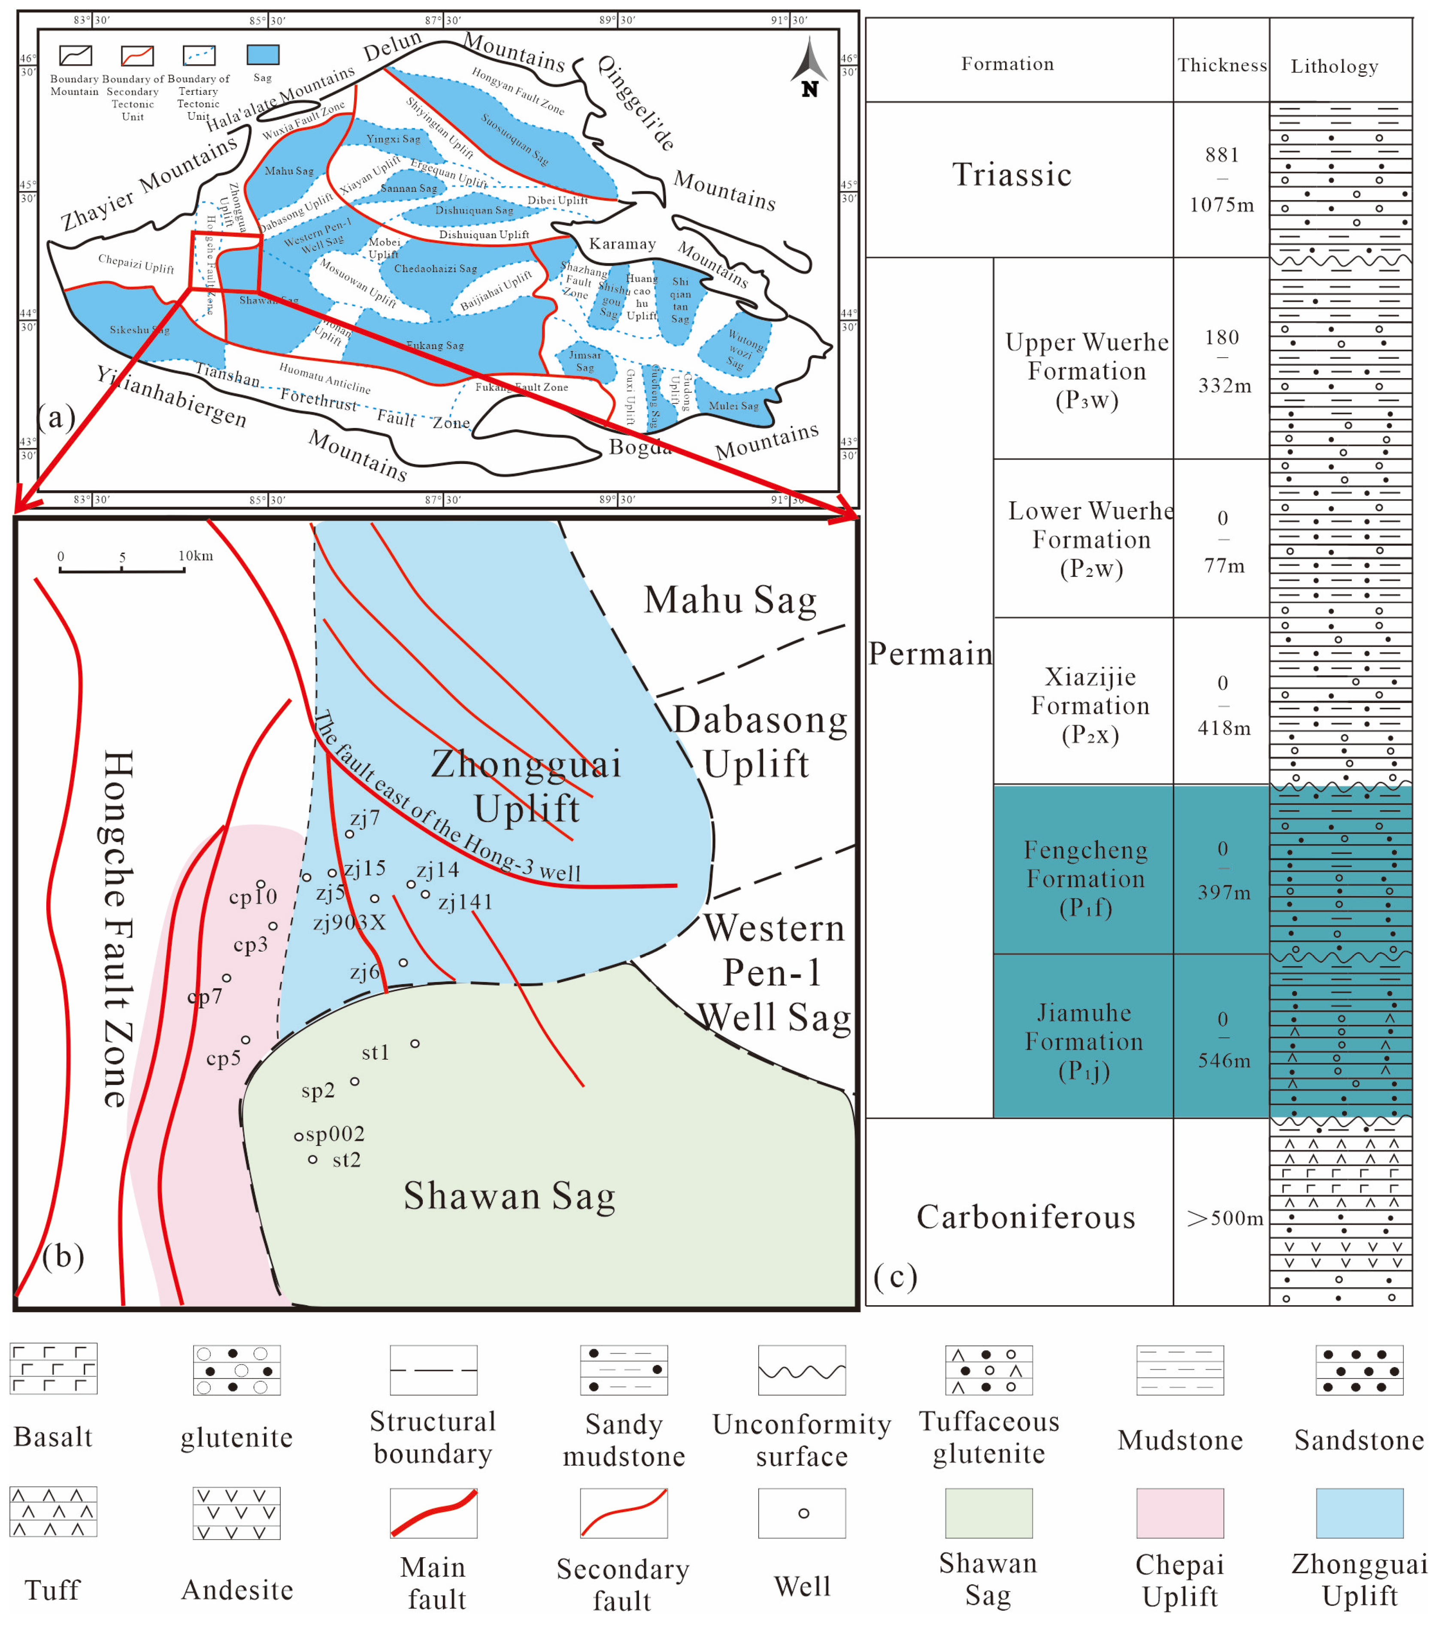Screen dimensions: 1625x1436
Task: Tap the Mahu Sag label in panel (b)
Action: [x=730, y=600]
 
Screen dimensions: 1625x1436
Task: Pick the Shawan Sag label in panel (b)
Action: [x=509, y=1196]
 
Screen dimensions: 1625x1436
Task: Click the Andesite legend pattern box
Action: [x=236, y=1512]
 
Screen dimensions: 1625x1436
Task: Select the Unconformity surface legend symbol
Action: [x=802, y=1369]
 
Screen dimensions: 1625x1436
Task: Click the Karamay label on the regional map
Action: [x=622, y=244]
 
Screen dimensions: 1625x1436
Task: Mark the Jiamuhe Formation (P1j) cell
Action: [x=1084, y=1041]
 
